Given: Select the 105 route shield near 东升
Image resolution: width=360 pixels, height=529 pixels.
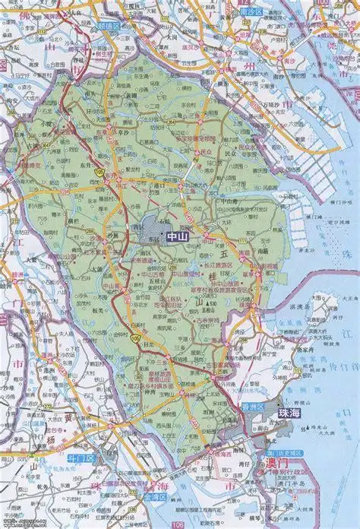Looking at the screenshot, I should [x=99, y=173].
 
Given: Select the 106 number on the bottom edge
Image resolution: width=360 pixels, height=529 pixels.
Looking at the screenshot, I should [x=177, y=524].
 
